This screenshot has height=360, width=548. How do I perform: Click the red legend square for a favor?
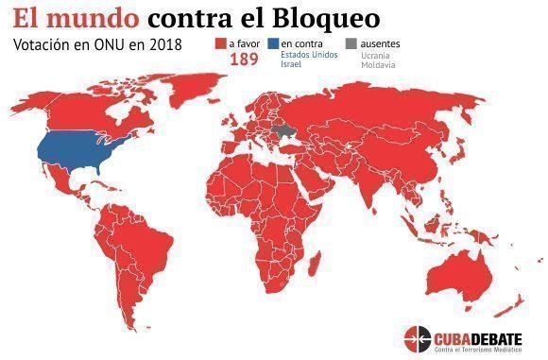click(220, 43)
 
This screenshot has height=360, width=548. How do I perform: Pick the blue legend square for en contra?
click(273, 43)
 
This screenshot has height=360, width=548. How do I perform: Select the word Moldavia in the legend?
click(366, 65)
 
